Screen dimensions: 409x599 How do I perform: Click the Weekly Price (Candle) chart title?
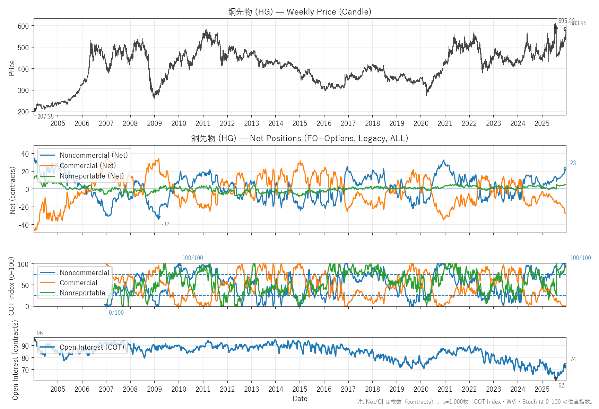click(299, 12)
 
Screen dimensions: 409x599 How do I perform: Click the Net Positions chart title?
click(299, 138)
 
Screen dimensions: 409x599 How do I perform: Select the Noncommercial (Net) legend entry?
click(94, 155)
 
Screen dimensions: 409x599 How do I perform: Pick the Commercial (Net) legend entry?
click(88, 166)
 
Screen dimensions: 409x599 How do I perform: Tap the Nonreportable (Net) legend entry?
click(92, 176)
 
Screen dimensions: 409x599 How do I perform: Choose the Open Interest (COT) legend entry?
click(92, 347)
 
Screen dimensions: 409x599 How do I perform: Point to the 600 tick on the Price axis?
click(23, 26)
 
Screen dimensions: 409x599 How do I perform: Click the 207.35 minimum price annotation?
click(45, 117)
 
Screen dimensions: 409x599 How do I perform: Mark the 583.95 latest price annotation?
click(578, 23)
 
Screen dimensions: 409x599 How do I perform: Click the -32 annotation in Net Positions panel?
click(165, 224)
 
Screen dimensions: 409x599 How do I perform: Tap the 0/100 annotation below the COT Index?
click(116, 313)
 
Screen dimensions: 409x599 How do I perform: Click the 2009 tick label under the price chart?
click(154, 123)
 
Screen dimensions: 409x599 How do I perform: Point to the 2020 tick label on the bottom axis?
click(421, 389)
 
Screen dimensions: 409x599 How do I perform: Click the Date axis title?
click(300, 399)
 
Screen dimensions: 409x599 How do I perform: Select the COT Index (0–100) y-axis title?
click(11, 286)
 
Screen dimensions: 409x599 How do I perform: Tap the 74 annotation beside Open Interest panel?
click(573, 359)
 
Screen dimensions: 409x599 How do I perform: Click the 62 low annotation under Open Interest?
click(561, 385)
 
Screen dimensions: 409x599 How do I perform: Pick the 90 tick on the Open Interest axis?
click(25, 346)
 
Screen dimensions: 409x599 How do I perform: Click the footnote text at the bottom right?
click(475, 402)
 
